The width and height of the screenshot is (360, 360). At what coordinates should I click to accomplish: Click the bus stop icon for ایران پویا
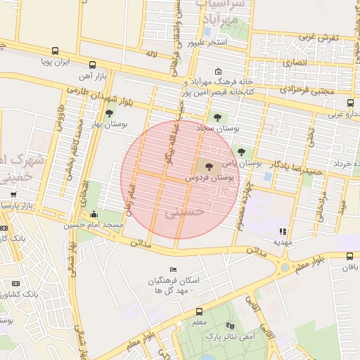[x=55, y=51]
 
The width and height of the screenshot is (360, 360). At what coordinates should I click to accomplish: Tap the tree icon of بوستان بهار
[x=108, y=112]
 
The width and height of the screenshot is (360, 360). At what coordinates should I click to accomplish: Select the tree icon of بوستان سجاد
[x=216, y=117]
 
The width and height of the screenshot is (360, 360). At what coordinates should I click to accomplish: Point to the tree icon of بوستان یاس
[x=241, y=151]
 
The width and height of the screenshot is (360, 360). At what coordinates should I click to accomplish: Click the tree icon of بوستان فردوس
[x=210, y=167]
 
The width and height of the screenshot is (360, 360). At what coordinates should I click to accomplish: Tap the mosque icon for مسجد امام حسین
[x=95, y=214]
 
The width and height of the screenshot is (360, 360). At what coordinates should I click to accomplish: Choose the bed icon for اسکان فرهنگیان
[x=174, y=270]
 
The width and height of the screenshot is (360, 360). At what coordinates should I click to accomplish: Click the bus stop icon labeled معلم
[x=199, y=311]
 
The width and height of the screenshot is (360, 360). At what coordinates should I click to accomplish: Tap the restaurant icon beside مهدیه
[x=283, y=231]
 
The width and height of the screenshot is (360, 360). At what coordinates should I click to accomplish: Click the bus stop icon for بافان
[x=349, y=257]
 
